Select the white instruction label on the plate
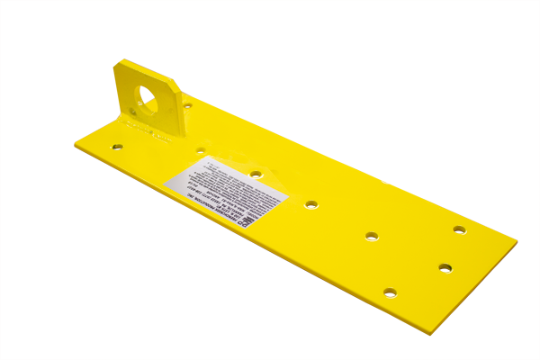(224, 185)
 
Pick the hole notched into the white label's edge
(256, 174)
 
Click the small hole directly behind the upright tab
(187, 105)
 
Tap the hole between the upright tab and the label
(200, 149)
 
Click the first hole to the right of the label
(311, 205)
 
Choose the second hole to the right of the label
(372, 236)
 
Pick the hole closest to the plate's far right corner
(459, 229)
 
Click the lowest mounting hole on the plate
(389, 292)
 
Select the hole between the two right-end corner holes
(445, 267)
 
